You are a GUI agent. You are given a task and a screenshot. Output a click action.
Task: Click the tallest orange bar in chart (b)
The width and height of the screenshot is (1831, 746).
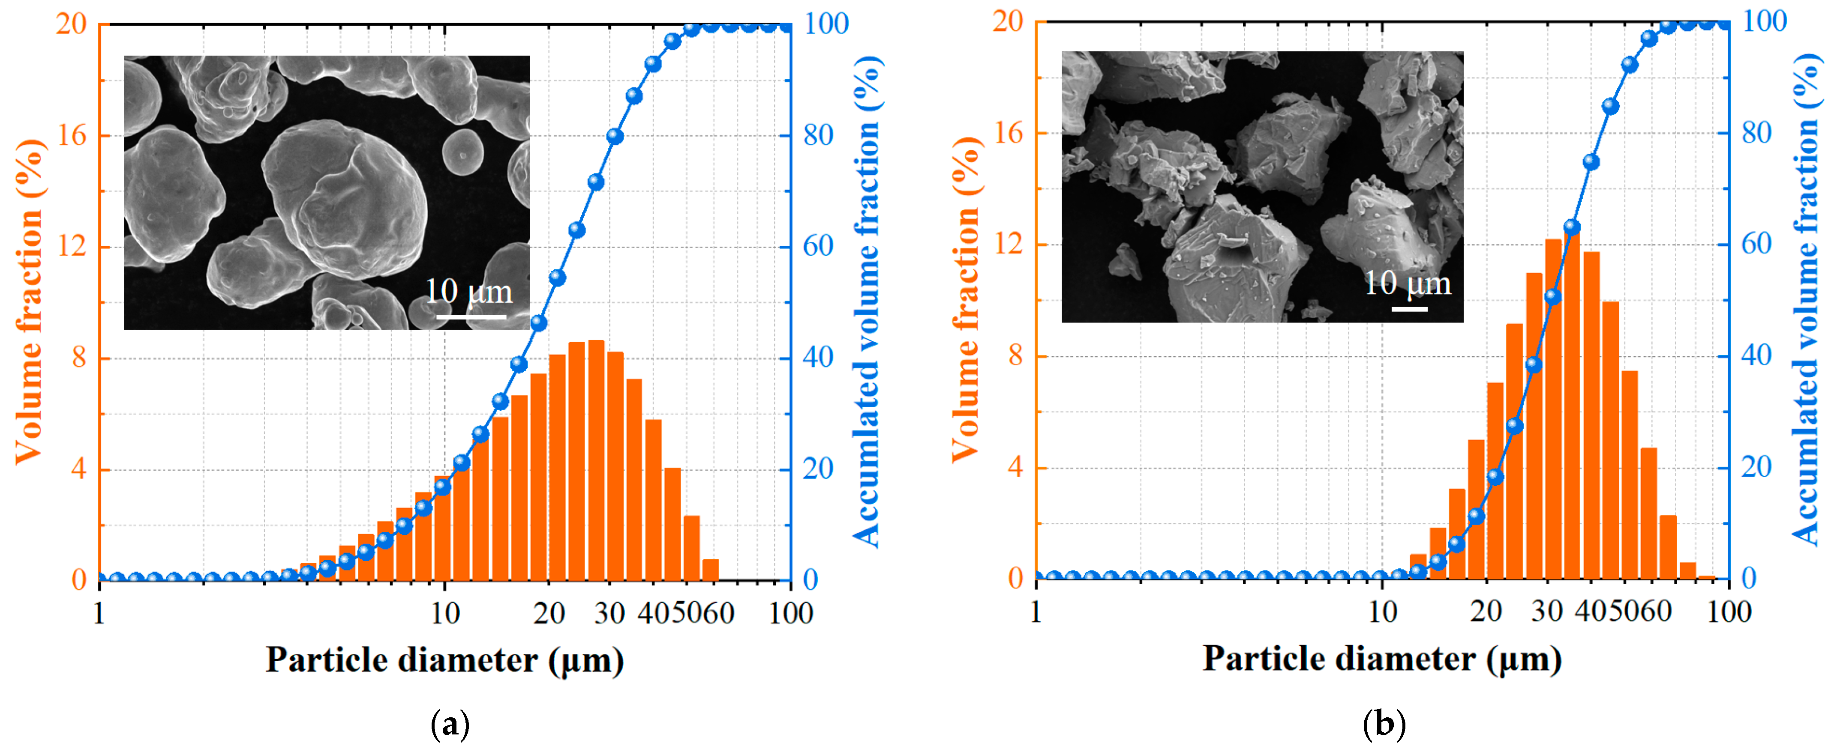click(x=1572, y=405)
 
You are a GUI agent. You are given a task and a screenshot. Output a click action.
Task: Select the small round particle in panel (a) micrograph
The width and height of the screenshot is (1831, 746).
click(x=463, y=151)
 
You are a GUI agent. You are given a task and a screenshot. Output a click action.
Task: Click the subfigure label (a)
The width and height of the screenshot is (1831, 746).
click(x=450, y=725)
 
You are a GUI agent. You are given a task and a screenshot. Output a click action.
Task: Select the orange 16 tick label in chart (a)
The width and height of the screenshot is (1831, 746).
click(x=71, y=135)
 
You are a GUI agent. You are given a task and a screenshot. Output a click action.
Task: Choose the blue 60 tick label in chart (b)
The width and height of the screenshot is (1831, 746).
click(x=1756, y=245)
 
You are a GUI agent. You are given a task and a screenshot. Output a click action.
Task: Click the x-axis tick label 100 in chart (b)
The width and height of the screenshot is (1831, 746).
click(x=1729, y=611)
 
